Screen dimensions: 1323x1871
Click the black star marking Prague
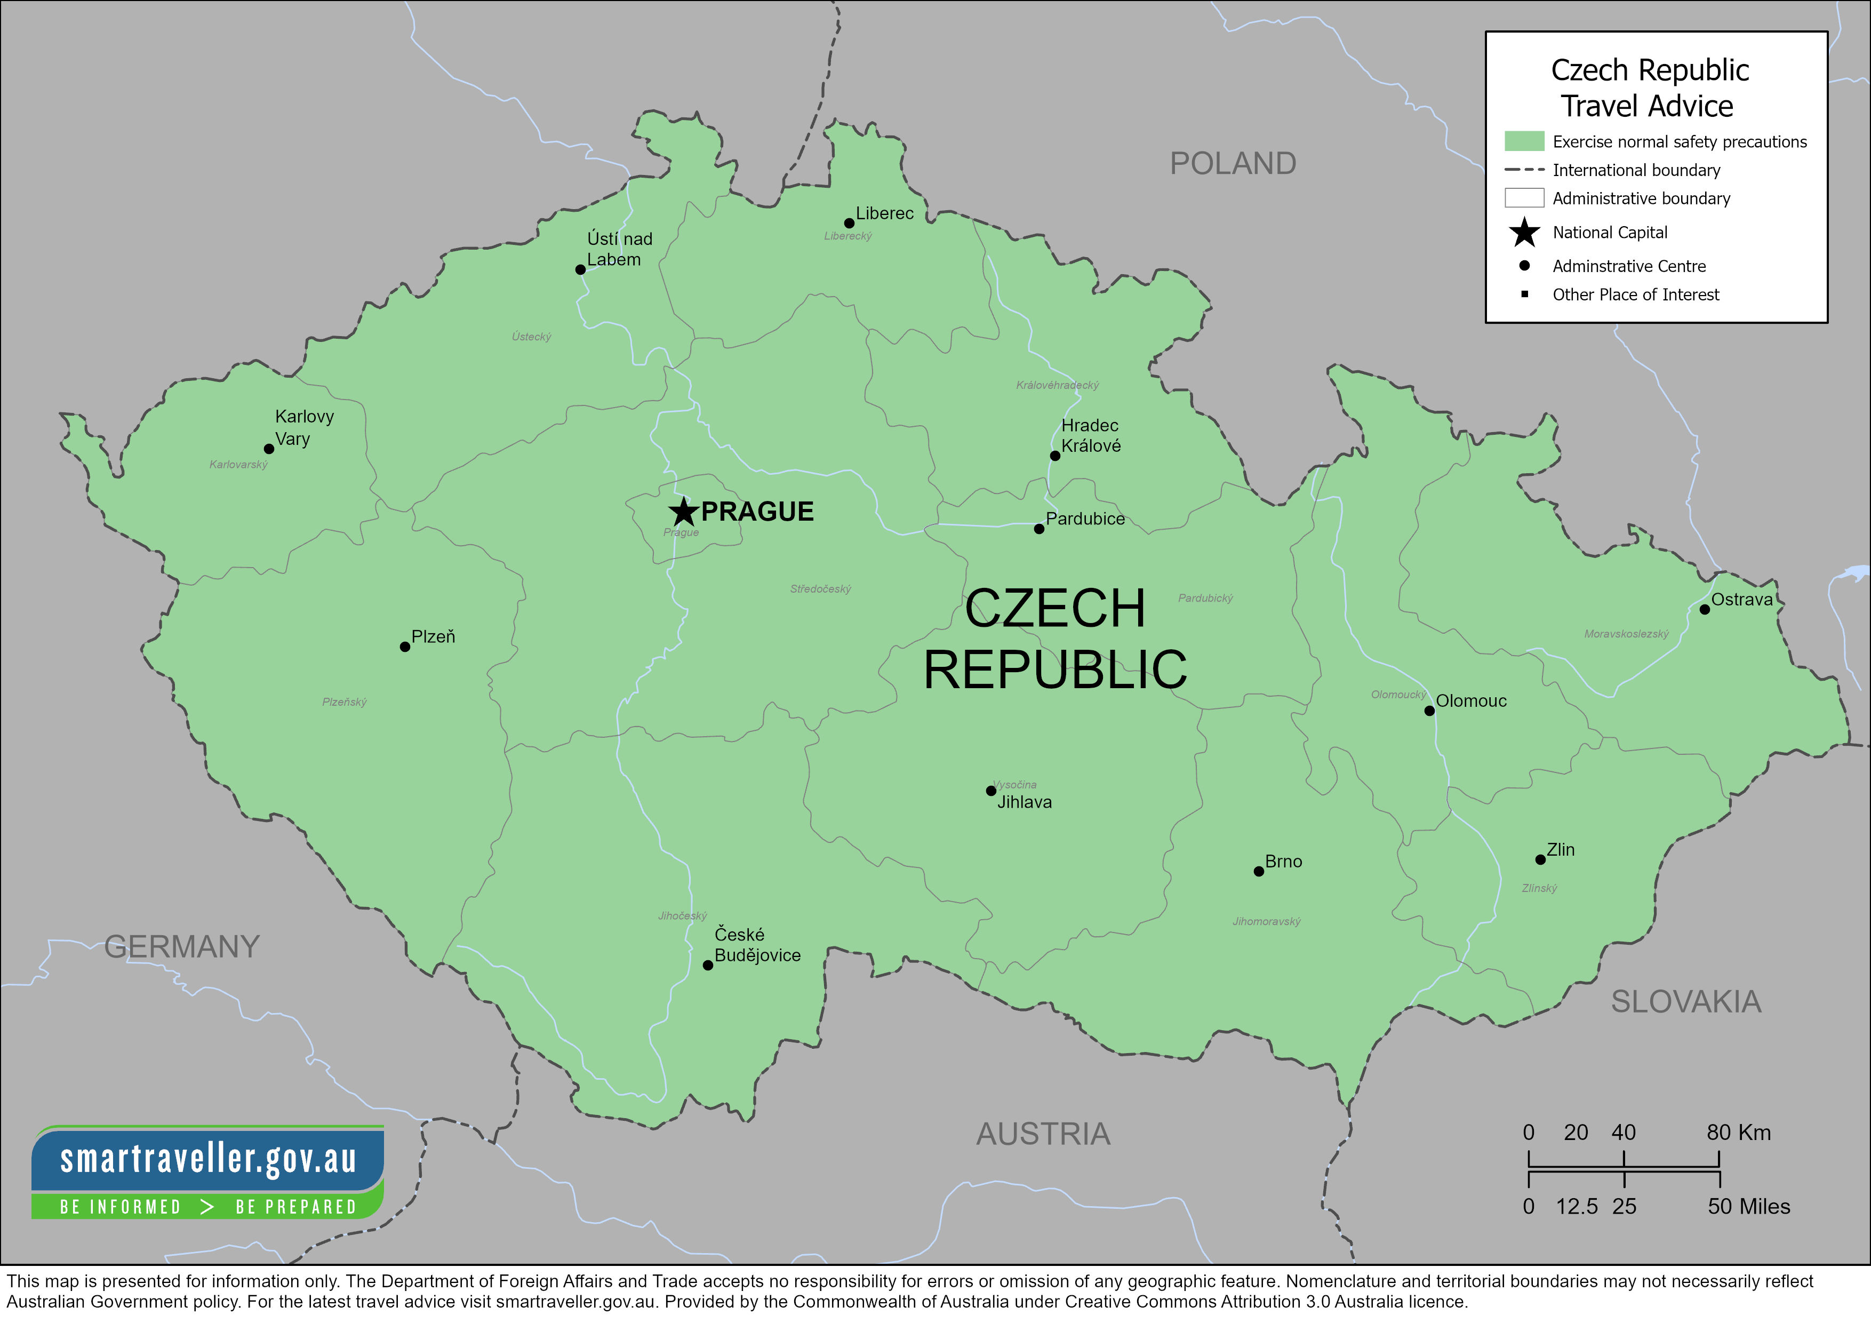(x=683, y=512)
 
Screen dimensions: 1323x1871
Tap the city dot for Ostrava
(x=1704, y=609)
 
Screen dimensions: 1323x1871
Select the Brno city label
(x=1283, y=862)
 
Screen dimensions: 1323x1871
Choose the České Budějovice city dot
(x=707, y=965)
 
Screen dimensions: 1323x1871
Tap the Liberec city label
(x=884, y=213)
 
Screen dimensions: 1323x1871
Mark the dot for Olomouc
(x=1428, y=711)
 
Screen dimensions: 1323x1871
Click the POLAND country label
(x=1232, y=164)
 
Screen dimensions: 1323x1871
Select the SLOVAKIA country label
(x=1685, y=1002)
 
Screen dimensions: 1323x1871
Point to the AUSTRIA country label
(x=1043, y=1134)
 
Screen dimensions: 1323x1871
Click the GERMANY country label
(x=182, y=946)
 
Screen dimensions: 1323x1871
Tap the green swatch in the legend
(x=1524, y=141)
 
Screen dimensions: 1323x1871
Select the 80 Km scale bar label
(x=1738, y=1132)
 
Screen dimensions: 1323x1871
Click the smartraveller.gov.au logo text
(x=208, y=1158)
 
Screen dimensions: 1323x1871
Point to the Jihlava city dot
(x=991, y=791)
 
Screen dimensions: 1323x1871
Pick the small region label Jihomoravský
(x=1266, y=922)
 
